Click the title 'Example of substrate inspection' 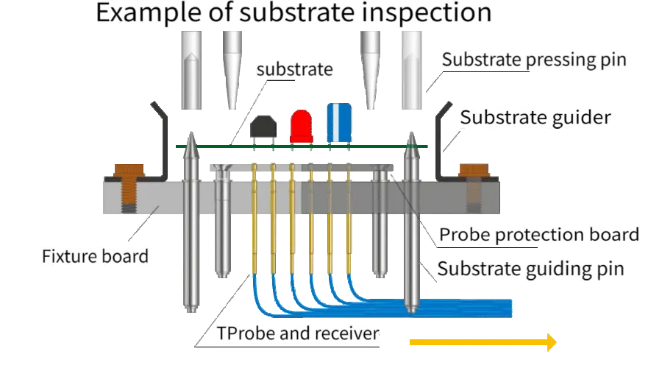[293, 13]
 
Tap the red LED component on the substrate [300, 127]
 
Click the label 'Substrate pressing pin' [535, 60]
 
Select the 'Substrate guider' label [535, 117]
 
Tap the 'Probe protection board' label [538, 236]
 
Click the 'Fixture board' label [96, 258]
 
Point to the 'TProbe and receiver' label [299, 333]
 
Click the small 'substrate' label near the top [293, 70]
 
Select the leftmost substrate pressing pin [191, 70]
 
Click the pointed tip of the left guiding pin [191, 138]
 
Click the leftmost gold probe [254, 221]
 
